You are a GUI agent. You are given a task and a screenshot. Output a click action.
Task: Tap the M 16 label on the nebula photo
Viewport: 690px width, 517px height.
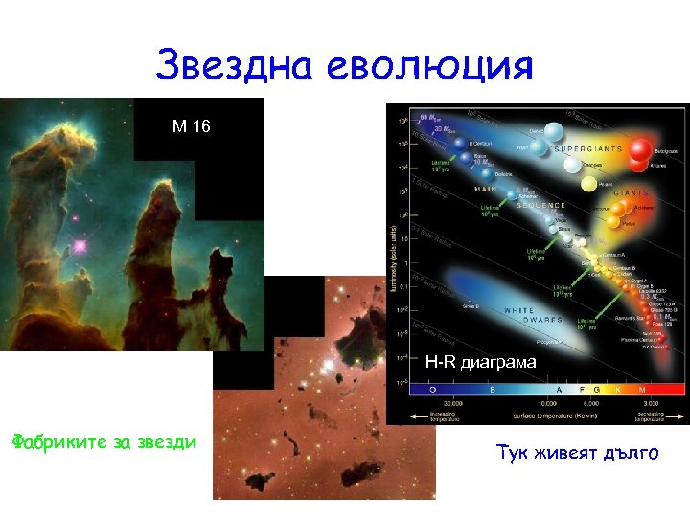[192, 125]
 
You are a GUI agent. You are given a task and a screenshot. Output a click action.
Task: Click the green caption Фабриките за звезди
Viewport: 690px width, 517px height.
[103, 441]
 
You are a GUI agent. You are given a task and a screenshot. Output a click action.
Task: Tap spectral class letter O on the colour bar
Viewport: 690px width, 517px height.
[431, 390]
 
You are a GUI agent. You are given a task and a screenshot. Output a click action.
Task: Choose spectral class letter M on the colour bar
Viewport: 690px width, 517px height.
[668, 390]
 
